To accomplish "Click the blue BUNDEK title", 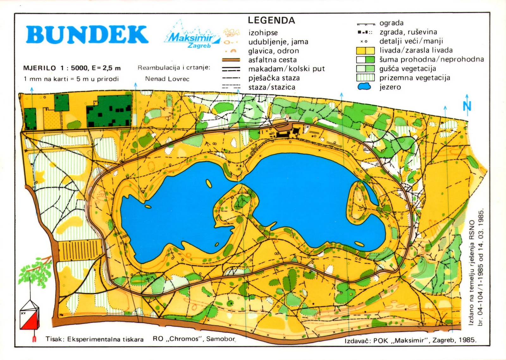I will [87, 34].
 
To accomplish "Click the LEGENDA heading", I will [271, 20].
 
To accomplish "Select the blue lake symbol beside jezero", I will [364, 86].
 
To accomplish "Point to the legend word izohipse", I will [263, 33].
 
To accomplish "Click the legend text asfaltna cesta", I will [272, 60].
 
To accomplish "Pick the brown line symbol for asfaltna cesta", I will [231, 60].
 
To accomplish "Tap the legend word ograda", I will [391, 23].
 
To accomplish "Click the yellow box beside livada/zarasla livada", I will [365, 50].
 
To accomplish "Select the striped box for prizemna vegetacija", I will [365, 77].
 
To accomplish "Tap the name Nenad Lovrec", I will [167, 79].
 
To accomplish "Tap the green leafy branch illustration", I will [35, 270].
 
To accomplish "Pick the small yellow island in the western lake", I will [209, 183].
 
